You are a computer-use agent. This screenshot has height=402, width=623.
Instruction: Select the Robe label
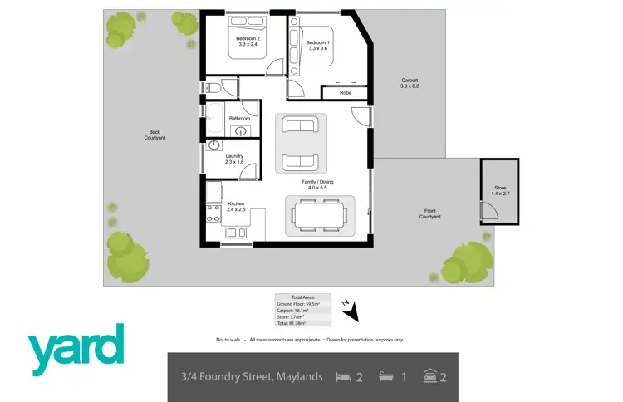(345, 93)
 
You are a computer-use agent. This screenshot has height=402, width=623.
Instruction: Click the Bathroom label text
(239, 119)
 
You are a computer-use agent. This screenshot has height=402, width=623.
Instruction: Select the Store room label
(499, 189)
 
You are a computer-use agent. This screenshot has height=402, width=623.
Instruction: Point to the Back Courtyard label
(155, 134)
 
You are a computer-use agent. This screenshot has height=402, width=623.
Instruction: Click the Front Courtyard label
(429, 214)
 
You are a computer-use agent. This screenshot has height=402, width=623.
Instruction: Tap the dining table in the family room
(320, 216)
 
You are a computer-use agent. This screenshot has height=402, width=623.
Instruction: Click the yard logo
(76, 349)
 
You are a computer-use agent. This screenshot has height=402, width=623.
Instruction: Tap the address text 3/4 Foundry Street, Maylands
(252, 377)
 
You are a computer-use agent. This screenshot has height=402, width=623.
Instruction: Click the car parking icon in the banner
(430, 377)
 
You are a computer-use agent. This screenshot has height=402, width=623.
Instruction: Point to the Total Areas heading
(303, 297)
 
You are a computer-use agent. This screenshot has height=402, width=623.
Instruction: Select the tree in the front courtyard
(467, 260)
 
